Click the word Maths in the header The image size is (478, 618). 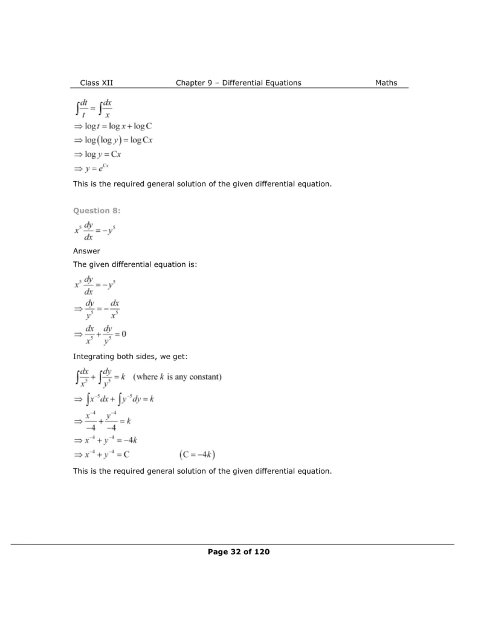click(386, 83)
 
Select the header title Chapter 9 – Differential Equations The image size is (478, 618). click(238, 83)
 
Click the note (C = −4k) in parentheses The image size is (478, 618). click(198, 454)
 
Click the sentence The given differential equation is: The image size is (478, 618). click(135, 264)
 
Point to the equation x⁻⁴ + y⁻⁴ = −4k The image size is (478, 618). click(113, 441)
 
